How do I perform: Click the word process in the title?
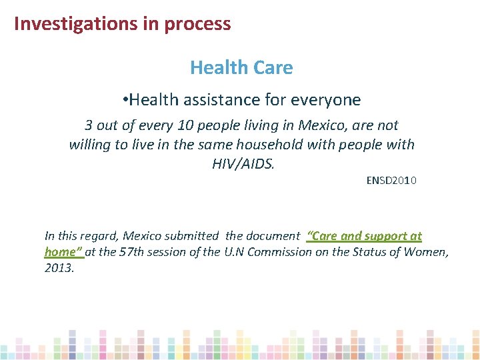198,24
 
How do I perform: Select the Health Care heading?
241,67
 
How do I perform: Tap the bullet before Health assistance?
126,101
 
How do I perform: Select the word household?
295,144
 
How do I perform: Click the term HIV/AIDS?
243,163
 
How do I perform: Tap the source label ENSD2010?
391,180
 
